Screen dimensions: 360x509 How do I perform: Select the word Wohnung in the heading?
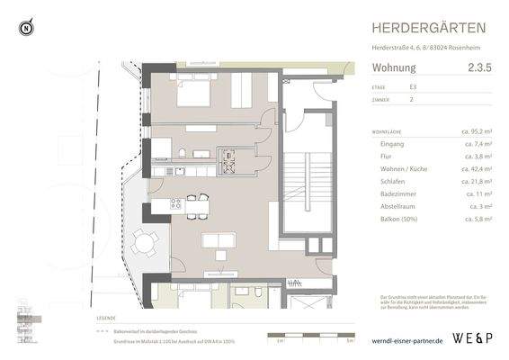[394, 67]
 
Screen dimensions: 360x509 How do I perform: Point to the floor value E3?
[413, 87]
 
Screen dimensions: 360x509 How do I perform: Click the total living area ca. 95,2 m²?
[476, 131]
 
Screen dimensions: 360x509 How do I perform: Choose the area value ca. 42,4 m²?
[476, 168]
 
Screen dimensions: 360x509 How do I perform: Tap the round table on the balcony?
[143, 240]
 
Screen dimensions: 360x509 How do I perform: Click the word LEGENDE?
[107, 319]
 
